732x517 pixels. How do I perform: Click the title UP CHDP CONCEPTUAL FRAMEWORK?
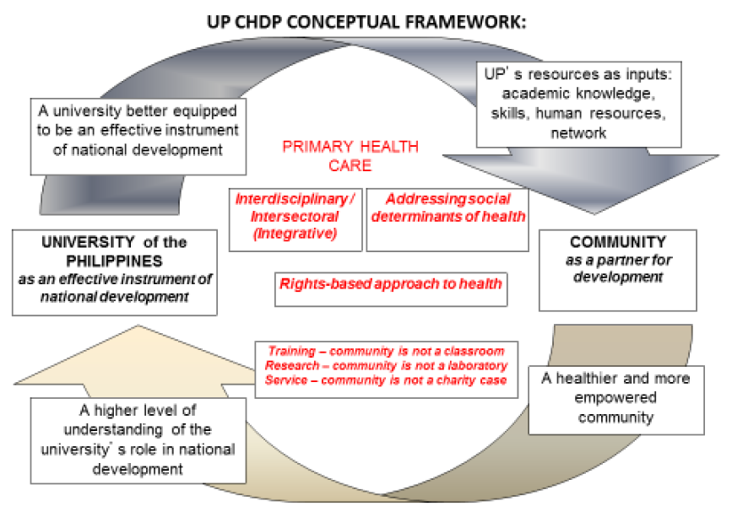366,22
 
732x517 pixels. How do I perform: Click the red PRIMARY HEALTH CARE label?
350,156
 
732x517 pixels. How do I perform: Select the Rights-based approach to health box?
391,289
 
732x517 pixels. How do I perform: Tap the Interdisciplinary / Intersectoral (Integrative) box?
296,219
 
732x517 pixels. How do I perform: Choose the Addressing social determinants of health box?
447,219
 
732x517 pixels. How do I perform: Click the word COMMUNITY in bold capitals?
618,242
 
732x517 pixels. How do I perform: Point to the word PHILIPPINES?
114,261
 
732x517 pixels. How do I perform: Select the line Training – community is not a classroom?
386,351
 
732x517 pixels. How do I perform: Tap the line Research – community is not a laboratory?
386,365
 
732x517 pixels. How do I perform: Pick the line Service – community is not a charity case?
386,380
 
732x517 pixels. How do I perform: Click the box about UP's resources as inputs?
578,105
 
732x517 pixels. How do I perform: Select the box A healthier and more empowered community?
616,400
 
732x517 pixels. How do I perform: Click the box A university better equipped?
138,137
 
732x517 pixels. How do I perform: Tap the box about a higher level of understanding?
138,440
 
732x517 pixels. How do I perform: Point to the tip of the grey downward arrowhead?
594,214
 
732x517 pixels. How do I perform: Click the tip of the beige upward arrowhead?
138,326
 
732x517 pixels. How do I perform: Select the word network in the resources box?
578,133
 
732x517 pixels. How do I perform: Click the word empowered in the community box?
615,397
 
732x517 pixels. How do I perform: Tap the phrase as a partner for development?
618,268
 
